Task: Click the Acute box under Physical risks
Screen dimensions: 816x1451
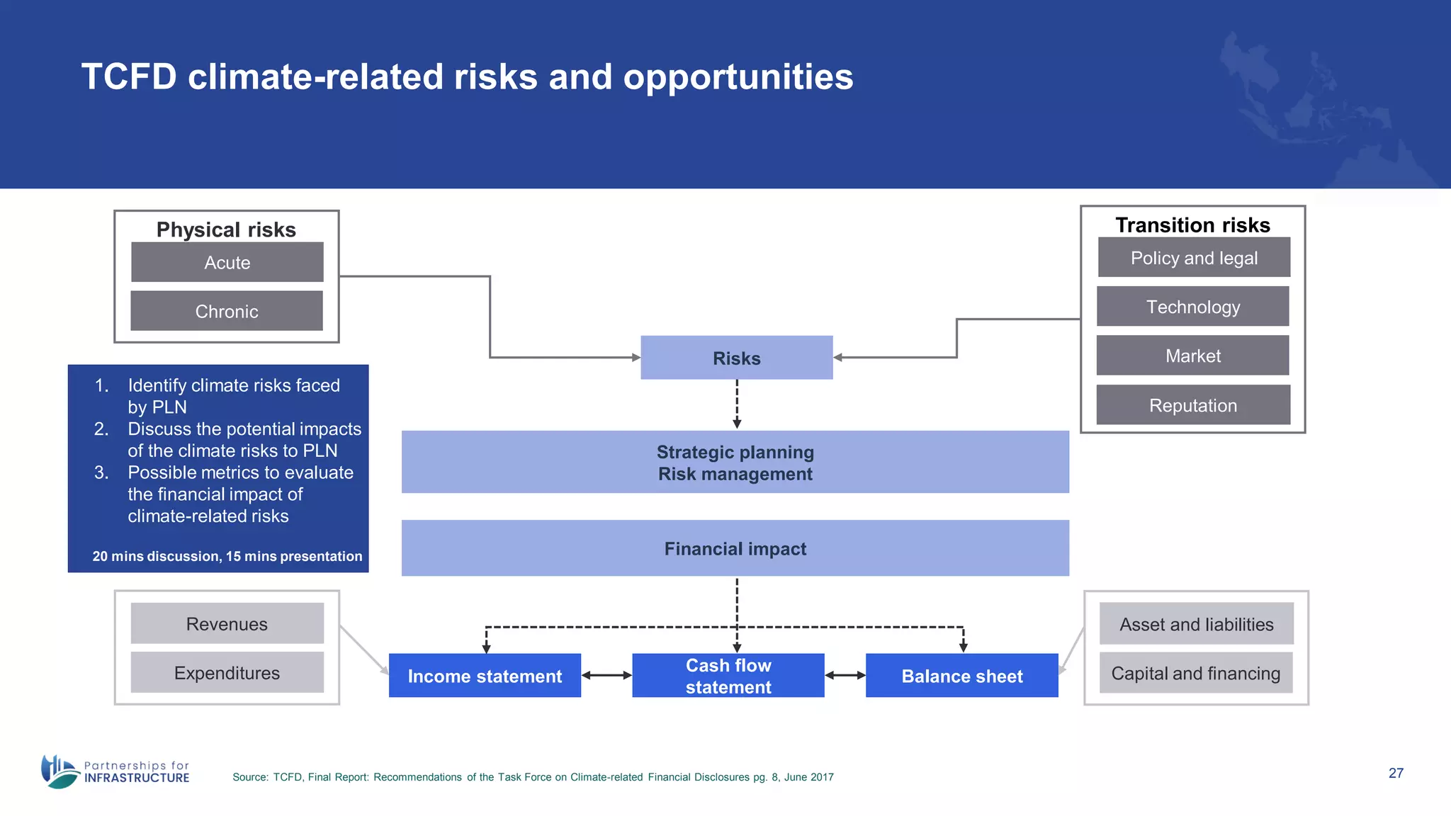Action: [227, 262]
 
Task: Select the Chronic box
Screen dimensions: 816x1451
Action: [227, 311]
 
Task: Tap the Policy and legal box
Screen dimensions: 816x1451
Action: [1194, 258]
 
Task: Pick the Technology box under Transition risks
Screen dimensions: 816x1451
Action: [1193, 307]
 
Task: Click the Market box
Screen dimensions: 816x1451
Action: [1193, 356]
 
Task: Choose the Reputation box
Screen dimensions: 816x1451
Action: [1193, 405]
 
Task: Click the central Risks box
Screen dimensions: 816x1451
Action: [736, 358]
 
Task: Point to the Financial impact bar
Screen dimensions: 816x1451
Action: [735, 548]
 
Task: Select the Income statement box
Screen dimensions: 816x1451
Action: [485, 676]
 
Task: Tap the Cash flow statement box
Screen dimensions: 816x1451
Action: [728, 676]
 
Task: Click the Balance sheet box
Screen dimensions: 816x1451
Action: [961, 676]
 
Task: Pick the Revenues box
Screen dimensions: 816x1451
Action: [227, 623]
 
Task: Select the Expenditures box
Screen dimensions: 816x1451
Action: [227, 672]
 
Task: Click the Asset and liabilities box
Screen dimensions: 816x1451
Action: [1196, 624]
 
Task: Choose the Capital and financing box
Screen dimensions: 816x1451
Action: [1196, 673]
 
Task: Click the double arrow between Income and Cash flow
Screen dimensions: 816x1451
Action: [606, 676]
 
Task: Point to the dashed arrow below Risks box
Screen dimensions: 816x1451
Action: [737, 404]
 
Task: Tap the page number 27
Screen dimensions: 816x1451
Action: [1396, 773]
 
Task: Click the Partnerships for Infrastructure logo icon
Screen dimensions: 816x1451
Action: [60, 771]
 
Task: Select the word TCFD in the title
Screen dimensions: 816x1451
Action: [128, 76]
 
